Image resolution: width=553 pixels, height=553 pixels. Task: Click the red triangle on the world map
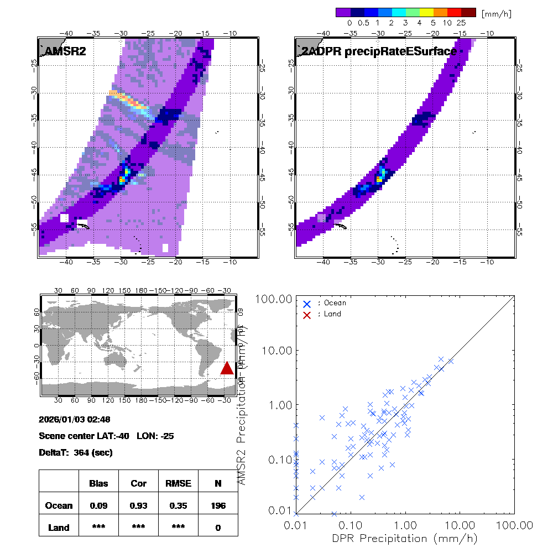[x=227, y=368]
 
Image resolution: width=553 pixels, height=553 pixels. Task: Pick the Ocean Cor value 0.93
[x=138, y=505]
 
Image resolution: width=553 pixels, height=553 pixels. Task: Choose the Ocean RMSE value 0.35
[x=178, y=505]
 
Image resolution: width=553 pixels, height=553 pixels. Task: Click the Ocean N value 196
[x=218, y=505]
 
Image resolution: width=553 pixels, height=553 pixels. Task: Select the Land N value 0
[x=218, y=528]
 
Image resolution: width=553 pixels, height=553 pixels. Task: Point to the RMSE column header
[x=178, y=483]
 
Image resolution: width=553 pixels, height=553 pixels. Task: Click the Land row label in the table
[x=59, y=528]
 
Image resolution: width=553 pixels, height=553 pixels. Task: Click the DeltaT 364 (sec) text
[x=76, y=453]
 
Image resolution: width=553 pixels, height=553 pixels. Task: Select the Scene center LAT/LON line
[x=106, y=436]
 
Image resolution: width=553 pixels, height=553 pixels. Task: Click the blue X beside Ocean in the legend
[x=307, y=304]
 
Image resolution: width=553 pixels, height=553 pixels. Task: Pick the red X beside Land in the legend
[x=307, y=314]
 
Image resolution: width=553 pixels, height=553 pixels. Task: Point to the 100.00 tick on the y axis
[x=272, y=299]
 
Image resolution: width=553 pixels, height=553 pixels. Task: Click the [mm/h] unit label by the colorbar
[x=496, y=13]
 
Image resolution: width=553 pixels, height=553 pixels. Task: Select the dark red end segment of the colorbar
[x=468, y=12]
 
